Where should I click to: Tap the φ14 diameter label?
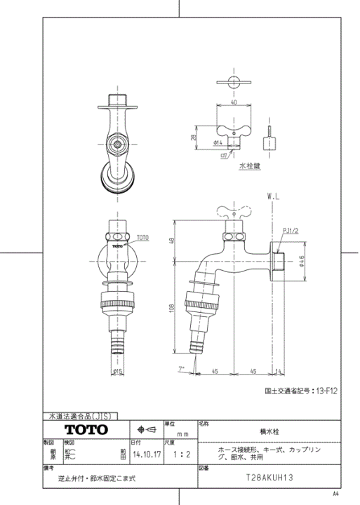click(217, 143)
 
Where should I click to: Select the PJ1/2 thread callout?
click(292, 230)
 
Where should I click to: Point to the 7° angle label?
click(181, 366)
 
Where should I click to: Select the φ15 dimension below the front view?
click(118, 372)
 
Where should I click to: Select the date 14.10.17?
click(145, 454)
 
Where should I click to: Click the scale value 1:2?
click(180, 454)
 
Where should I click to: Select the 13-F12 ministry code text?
click(327, 392)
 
